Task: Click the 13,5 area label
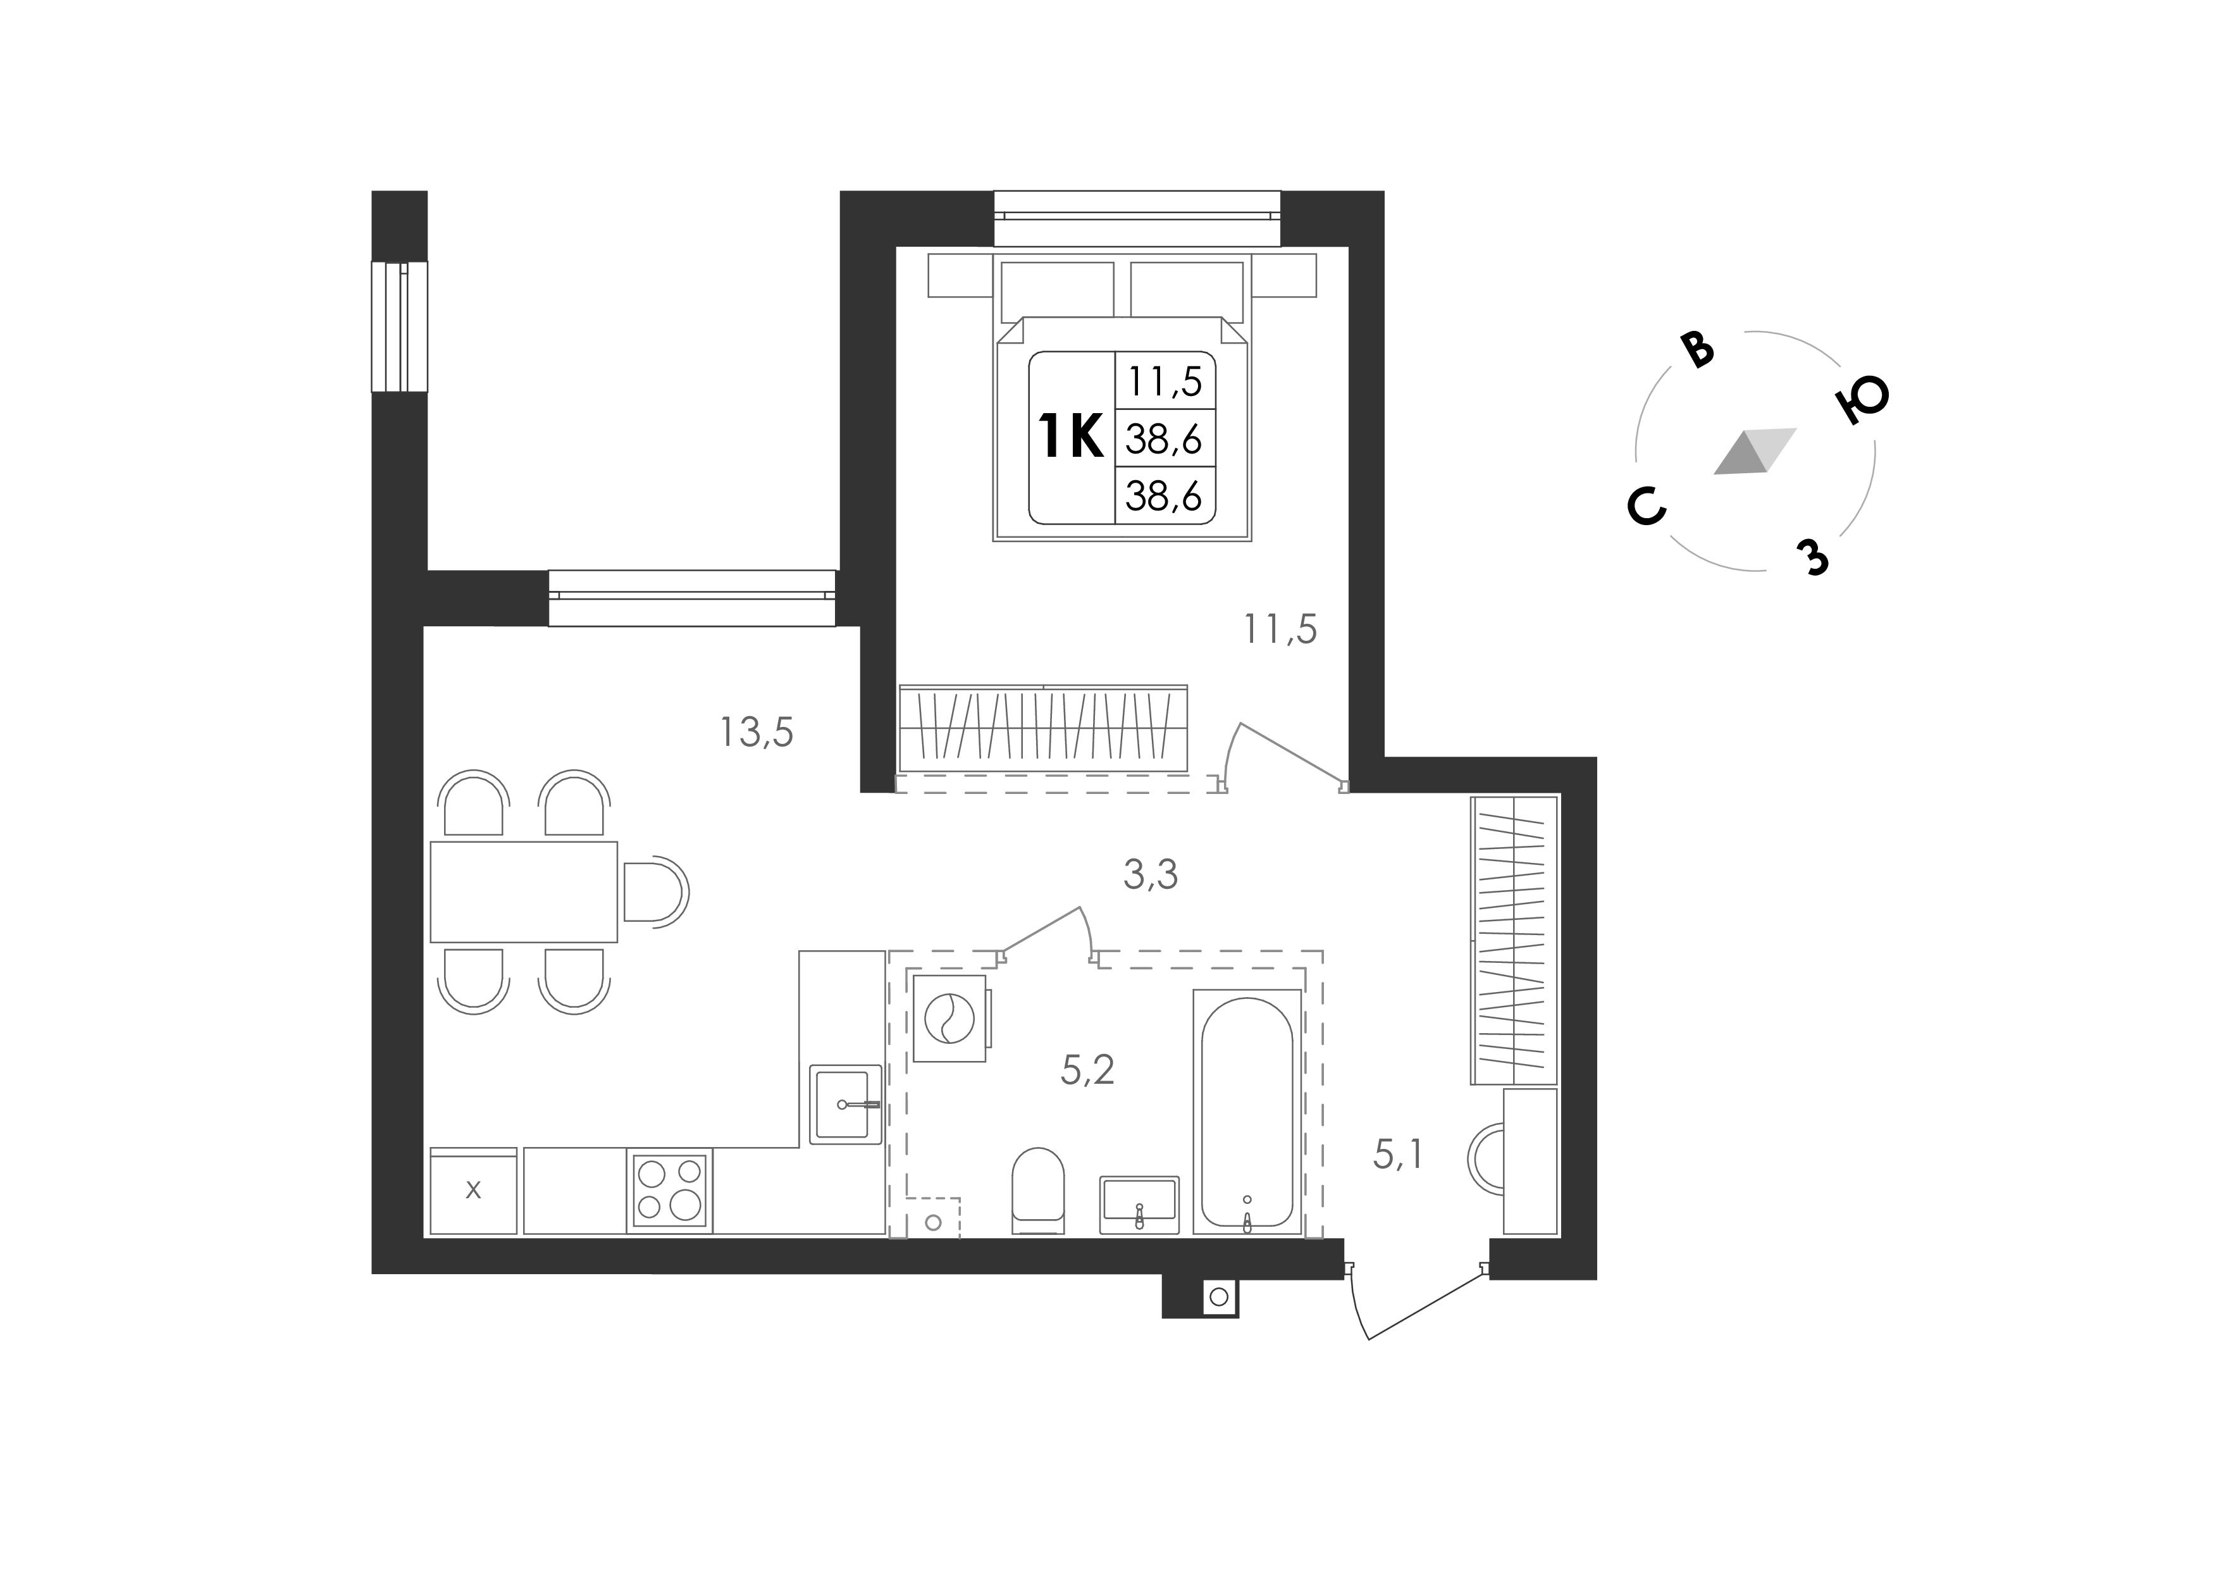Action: coord(756,733)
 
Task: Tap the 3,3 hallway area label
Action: coord(1150,875)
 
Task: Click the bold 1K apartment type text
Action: coord(1070,437)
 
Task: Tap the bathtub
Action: coord(1247,1112)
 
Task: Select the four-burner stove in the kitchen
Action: coord(670,1190)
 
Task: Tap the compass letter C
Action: coord(1647,505)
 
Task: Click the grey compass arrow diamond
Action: coord(1754,452)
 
